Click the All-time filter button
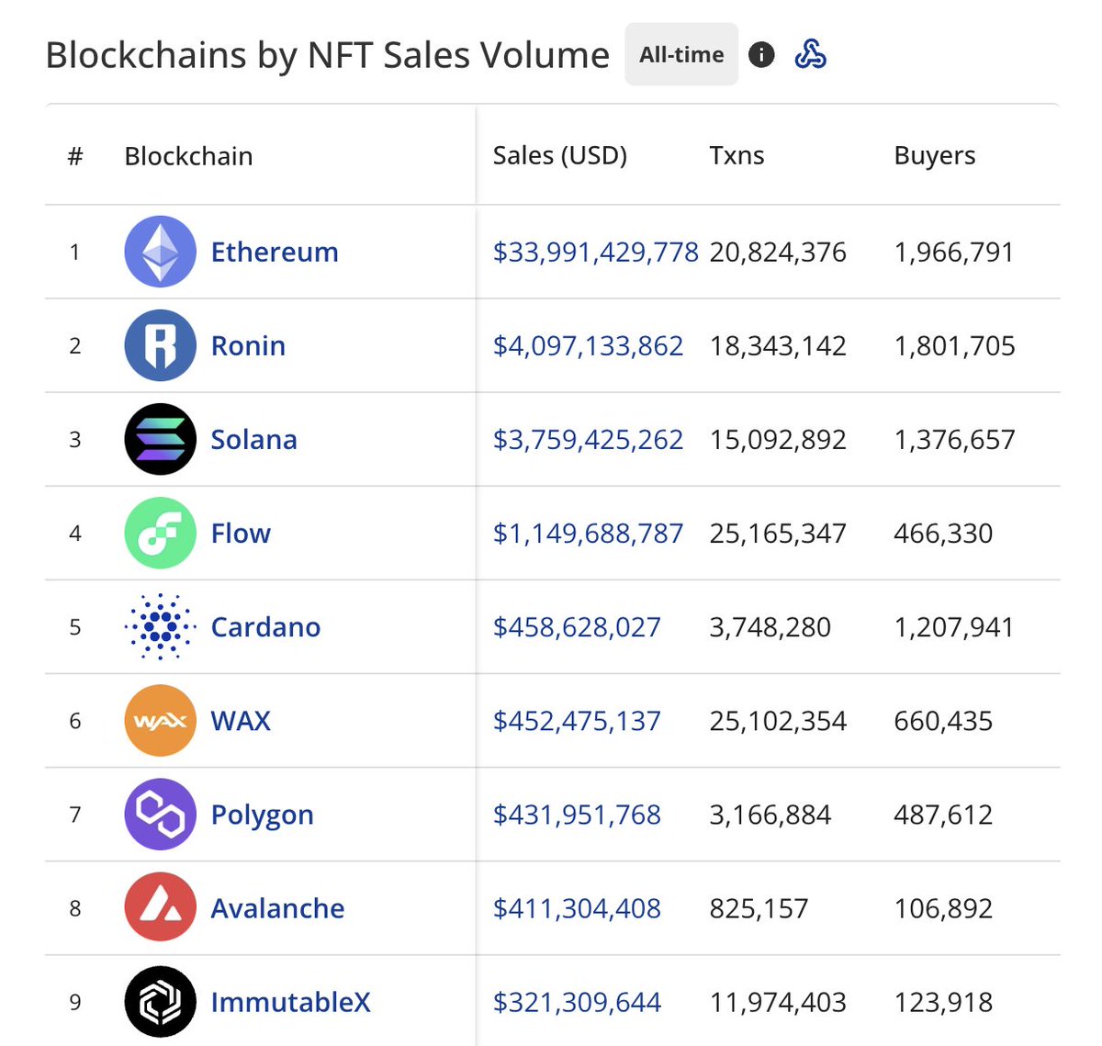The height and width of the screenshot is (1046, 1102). tap(681, 55)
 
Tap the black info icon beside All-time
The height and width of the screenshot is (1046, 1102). tap(761, 55)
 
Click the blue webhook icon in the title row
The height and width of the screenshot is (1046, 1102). tap(810, 55)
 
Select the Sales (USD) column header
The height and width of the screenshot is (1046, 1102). tap(559, 156)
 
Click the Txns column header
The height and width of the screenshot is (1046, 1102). tap(737, 156)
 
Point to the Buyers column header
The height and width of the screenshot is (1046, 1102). tap(934, 156)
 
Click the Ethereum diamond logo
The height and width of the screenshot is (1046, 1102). tap(160, 252)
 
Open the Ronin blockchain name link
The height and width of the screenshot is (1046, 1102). tap(248, 346)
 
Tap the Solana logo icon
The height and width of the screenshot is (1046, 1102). tap(160, 440)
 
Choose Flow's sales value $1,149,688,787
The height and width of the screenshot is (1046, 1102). tap(588, 534)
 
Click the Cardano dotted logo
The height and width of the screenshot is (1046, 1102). tap(160, 627)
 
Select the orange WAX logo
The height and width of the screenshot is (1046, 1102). tap(160, 721)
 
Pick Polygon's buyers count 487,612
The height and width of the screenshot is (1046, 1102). tap(943, 815)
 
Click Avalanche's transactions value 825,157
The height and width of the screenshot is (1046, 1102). tap(759, 908)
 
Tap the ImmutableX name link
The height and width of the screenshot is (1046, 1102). tap(290, 1002)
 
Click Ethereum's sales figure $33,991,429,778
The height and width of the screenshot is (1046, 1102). tap(595, 253)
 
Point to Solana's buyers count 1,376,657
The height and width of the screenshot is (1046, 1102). tap(954, 440)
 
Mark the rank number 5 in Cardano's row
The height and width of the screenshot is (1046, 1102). tap(75, 627)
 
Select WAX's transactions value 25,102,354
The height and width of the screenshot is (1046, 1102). tap(777, 721)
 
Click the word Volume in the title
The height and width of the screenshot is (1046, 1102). tap(556, 55)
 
